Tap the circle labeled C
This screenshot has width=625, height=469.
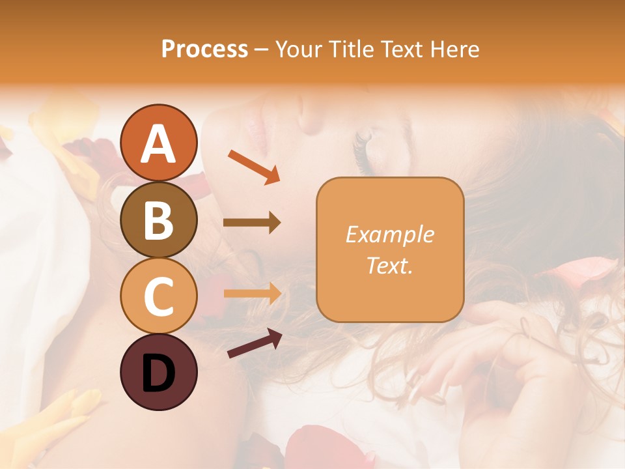(x=158, y=296)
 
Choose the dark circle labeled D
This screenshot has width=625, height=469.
(x=158, y=373)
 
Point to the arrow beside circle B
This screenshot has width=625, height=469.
(x=252, y=223)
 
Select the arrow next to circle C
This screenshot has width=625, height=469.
(x=252, y=293)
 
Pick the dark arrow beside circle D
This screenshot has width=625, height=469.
(x=255, y=343)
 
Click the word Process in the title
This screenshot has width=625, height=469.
(x=204, y=49)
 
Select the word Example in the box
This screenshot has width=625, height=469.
(x=389, y=234)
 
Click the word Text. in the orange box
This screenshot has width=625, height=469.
(x=389, y=266)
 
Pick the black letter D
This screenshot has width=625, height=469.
(x=158, y=373)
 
